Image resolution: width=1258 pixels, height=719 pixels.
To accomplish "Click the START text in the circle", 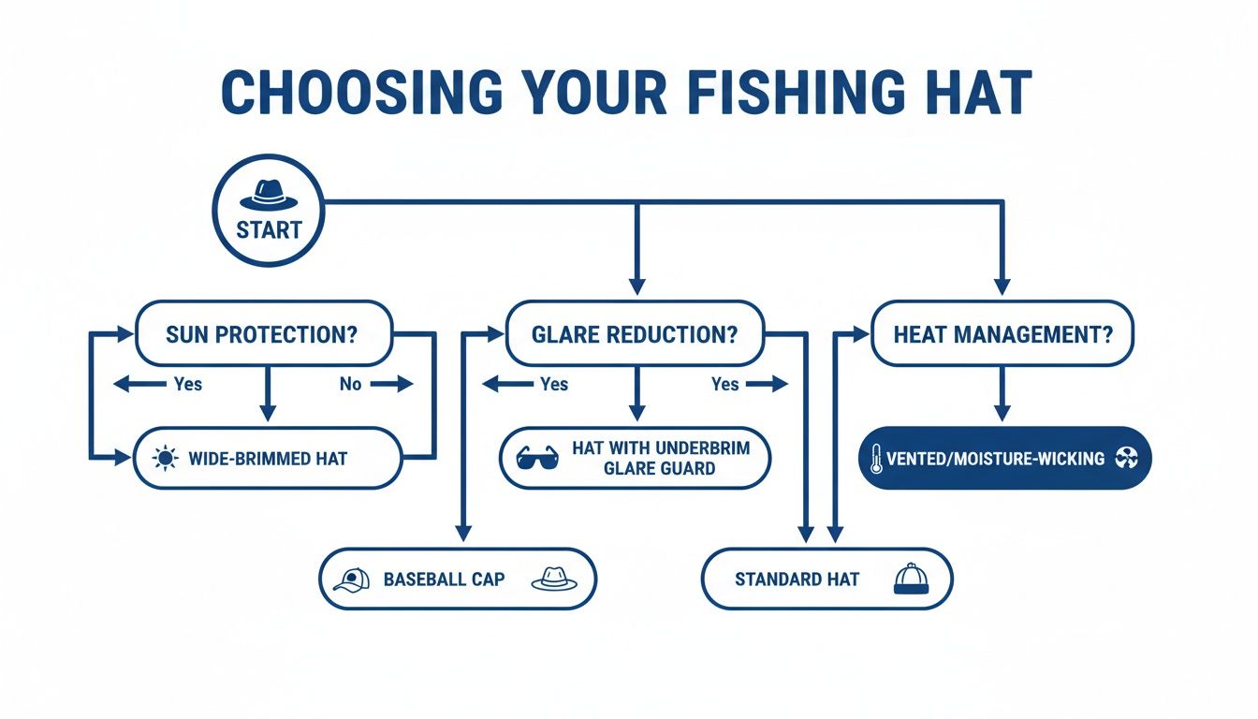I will [269, 230].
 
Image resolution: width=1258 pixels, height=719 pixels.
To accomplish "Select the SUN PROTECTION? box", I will [263, 334].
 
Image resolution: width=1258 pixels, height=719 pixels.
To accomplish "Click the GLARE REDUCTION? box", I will [635, 334].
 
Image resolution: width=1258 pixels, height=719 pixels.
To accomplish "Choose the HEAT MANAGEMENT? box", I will [1002, 334].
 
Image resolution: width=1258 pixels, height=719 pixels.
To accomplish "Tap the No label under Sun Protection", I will [350, 384].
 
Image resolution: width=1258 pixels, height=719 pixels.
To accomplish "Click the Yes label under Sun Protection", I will [187, 384].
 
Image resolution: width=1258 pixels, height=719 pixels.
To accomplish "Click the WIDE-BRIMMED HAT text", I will [268, 459].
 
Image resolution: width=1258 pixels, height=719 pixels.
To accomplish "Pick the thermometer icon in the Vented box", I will [876, 460].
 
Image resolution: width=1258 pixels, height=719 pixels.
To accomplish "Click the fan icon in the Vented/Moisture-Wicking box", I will [1126, 459].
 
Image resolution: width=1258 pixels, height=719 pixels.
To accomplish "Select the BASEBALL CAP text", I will [444, 580].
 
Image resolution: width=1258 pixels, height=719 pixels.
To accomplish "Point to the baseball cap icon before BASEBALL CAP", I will [351, 580].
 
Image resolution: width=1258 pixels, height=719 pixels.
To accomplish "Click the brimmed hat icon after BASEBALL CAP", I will [554, 580].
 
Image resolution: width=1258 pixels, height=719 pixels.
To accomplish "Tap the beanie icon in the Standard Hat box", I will [909, 580].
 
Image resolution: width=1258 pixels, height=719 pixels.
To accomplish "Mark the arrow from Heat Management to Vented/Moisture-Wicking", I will [1002, 393].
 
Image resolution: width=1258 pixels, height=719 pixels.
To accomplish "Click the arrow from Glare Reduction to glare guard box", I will [636, 393].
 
